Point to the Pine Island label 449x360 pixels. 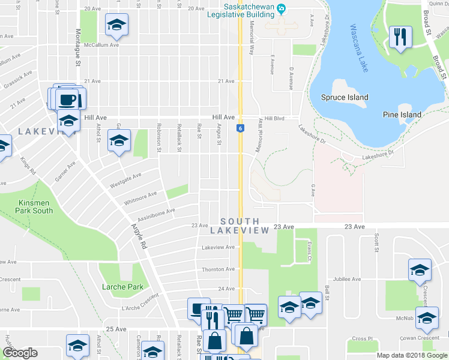point(402,115)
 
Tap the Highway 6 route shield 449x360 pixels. point(240,128)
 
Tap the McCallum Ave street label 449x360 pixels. point(101,45)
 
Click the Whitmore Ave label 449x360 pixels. point(140,197)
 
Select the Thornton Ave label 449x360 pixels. point(217,269)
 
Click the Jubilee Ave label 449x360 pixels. point(348,279)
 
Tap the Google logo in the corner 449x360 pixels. point(20,353)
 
